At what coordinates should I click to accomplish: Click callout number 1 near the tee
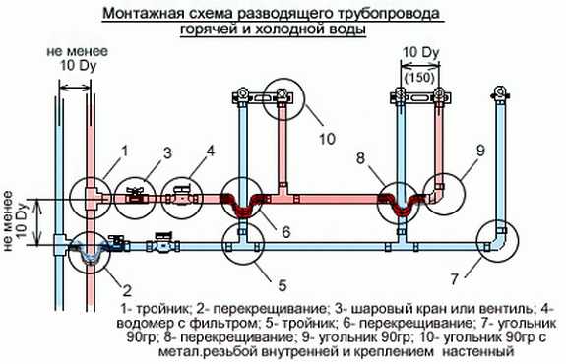click(x=125, y=151)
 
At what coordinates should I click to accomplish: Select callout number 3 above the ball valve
click(x=167, y=152)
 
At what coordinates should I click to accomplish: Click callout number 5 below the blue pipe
click(x=282, y=286)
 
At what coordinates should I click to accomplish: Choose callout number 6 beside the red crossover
click(x=286, y=233)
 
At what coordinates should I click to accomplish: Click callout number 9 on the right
click(x=479, y=151)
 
